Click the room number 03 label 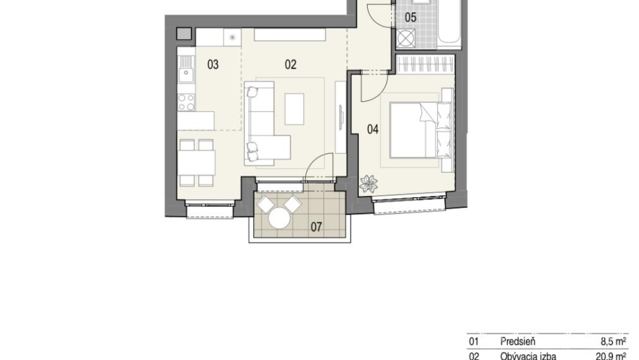click(x=213, y=64)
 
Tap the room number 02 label click(x=290, y=64)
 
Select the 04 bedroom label click(x=373, y=129)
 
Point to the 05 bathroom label click(x=411, y=18)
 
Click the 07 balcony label click(x=316, y=227)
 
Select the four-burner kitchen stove click(x=186, y=102)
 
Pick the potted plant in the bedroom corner click(x=368, y=184)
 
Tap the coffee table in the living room click(x=295, y=109)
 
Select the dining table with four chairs click(x=195, y=162)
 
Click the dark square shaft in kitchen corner click(x=183, y=34)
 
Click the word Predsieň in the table click(x=517, y=342)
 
